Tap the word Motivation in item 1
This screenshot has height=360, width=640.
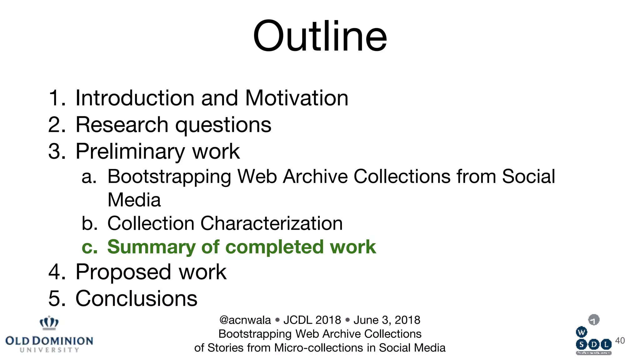(297, 98)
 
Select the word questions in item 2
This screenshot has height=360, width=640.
(223, 125)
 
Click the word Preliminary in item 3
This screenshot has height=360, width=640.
(130, 152)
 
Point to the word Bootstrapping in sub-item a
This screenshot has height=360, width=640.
(169, 177)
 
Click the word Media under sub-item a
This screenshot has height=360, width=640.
(134, 200)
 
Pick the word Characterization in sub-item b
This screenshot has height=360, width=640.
(272, 223)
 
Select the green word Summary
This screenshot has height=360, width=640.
(151, 247)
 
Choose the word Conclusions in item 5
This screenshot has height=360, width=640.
(137, 298)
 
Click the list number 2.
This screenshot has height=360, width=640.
(57, 125)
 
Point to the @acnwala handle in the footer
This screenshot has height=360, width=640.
(245, 320)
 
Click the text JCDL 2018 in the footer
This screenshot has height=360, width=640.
(312, 320)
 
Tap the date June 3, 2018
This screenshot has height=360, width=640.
(387, 320)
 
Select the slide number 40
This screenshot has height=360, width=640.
(620, 341)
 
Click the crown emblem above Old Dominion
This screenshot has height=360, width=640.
(49, 323)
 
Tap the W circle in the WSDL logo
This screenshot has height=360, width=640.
(581, 332)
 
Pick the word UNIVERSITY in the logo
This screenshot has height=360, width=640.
(49, 350)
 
